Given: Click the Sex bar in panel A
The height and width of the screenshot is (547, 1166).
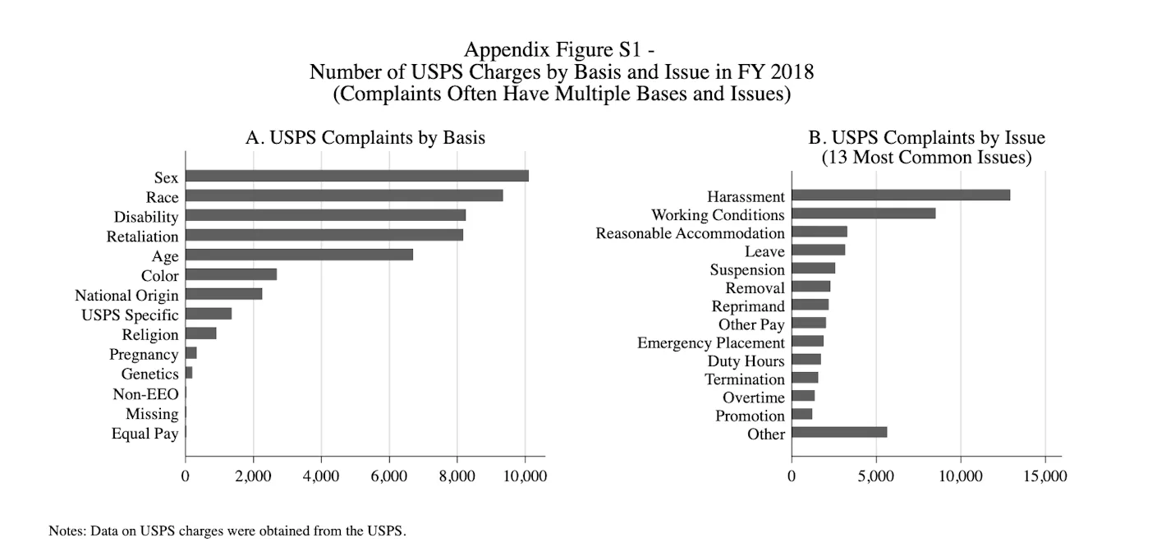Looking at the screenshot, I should pos(356,176).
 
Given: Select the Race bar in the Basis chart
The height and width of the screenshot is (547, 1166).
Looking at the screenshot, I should pos(344,195).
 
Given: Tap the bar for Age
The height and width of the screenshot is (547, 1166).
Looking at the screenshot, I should pos(299,255).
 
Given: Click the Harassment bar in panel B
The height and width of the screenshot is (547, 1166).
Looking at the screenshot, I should pos(900,195).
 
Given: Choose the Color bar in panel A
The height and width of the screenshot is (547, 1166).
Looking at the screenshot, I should pos(231,274).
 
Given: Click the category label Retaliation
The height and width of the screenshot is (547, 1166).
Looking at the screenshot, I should pos(142,237).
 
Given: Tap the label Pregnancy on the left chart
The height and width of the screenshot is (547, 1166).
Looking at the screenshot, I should pos(144,355).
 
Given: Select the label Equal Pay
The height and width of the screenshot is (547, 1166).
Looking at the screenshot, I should pos(145,434).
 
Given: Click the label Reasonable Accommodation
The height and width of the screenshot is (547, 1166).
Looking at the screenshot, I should pos(690,233).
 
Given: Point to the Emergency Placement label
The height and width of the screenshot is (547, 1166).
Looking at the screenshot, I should pos(710,342).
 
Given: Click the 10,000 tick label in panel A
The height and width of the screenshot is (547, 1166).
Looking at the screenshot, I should pos(524,476).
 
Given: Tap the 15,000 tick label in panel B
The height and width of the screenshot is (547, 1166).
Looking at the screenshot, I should pos(1044,476).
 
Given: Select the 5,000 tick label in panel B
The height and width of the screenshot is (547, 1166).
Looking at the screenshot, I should pos(876,476).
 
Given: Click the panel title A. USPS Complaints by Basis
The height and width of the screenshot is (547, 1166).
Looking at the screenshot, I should pos(365,138).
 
